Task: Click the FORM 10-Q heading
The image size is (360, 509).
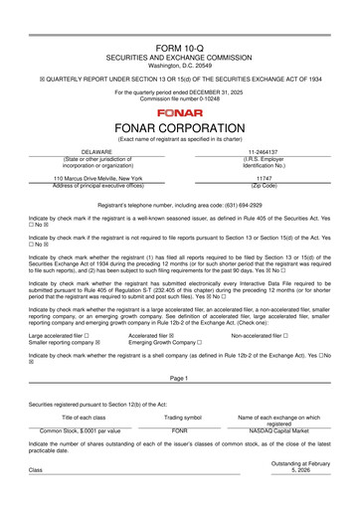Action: (179, 48)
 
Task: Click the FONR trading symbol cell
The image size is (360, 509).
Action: (180, 431)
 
